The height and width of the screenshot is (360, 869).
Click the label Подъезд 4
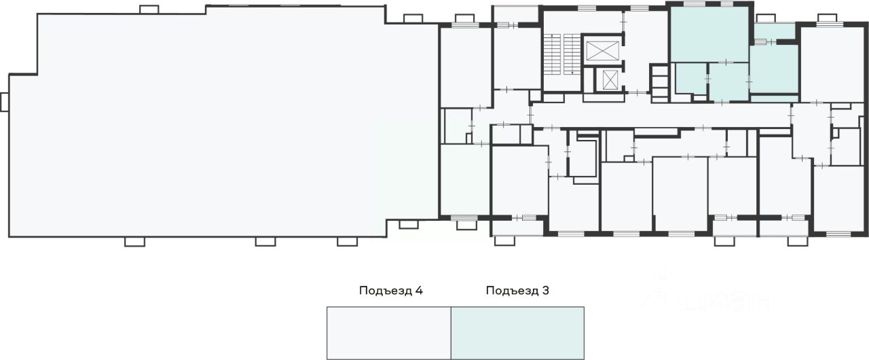click(x=391, y=291)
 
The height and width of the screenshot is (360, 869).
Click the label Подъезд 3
click(x=517, y=291)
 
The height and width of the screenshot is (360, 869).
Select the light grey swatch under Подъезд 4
click(x=389, y=332)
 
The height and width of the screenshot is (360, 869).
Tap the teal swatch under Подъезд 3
click(x=517, y=332)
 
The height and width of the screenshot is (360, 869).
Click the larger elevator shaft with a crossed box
click(x=602, y=50)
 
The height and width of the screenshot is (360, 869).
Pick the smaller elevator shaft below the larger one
click(x=609, y=79)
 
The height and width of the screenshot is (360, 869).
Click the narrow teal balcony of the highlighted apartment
click(x=775, y=31)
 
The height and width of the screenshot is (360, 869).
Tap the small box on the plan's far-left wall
click(x=4, y=102)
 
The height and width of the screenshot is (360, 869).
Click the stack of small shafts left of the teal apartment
click(x=659, y=82)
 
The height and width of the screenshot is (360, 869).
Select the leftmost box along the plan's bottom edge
click(x=134, y=241)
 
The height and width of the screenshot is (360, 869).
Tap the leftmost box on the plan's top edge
click(x=148, y=10)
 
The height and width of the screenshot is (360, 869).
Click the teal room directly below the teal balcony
click(x=774, y=69)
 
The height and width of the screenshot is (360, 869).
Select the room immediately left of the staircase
click(x=516, y=58)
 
